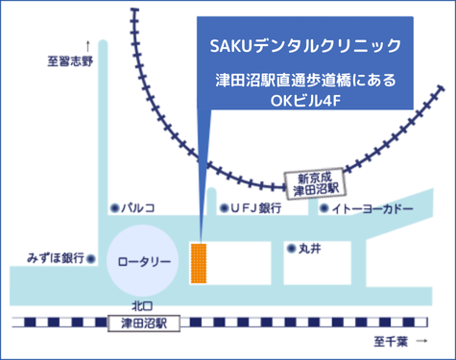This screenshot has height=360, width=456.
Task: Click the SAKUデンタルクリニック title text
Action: [x=303, y=46]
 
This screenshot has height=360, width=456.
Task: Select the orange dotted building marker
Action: [x=199, y=264]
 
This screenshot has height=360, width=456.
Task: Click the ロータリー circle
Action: [x=143, y=261]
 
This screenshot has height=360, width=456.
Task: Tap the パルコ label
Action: [x=136, y=207]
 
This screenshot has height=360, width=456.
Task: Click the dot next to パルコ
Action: [x=114, y=207]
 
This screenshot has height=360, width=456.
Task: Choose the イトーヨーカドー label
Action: [x=372, y=208]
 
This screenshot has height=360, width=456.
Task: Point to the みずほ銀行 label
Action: [x=55, y=258]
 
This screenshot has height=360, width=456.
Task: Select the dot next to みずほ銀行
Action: [x=91, y=258]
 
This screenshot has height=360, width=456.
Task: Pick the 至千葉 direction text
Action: [x=391, y=342]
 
